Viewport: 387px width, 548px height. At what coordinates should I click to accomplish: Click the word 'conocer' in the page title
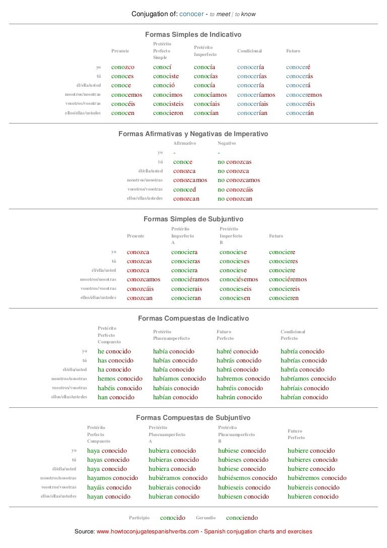189,14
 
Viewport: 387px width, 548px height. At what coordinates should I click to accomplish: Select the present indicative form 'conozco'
122,67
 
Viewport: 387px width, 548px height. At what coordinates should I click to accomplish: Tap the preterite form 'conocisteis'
168,104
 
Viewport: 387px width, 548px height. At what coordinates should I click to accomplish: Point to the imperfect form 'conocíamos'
210,95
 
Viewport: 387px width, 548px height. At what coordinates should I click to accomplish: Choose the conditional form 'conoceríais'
256,104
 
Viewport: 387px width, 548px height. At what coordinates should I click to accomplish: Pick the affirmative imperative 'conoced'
184,190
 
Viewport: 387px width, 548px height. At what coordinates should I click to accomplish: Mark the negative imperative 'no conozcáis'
235,190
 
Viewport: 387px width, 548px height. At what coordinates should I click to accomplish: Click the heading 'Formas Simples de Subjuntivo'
193,220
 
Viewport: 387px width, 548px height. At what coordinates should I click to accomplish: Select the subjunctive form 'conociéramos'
190,280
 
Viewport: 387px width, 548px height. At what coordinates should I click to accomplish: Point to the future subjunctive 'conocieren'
284,298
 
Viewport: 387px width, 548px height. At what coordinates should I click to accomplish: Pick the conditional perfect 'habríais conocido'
304,388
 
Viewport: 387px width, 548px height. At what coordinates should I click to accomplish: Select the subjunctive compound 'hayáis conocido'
109,488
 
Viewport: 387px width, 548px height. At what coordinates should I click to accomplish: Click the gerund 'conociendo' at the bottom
242,518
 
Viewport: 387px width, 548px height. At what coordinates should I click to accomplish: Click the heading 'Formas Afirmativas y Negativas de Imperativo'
193,134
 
